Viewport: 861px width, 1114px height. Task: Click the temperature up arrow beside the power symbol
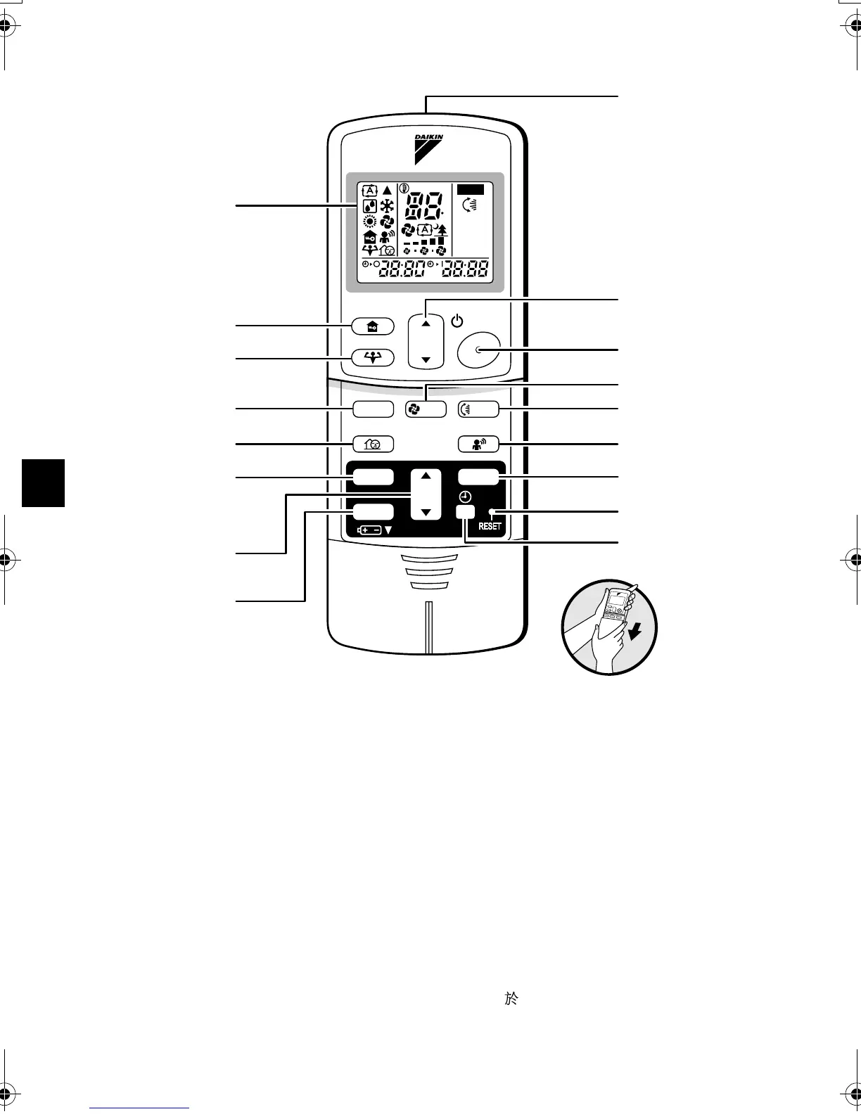click(426, 324)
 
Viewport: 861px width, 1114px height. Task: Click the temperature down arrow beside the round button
click(426, 360)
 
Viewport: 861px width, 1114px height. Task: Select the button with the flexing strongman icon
click(373, 357)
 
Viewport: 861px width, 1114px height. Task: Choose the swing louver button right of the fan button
click(478, 409)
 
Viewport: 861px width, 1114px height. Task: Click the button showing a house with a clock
click(373, 444)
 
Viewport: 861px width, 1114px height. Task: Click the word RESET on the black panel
click(490, 526)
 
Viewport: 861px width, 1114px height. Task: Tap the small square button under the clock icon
click(465, 513)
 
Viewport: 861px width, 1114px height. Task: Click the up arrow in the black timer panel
click(426, 476)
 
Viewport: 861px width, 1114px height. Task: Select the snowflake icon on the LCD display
click(387, 206)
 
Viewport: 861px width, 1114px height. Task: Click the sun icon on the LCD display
click(369, 222)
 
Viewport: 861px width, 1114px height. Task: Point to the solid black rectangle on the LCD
click(470, 189)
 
